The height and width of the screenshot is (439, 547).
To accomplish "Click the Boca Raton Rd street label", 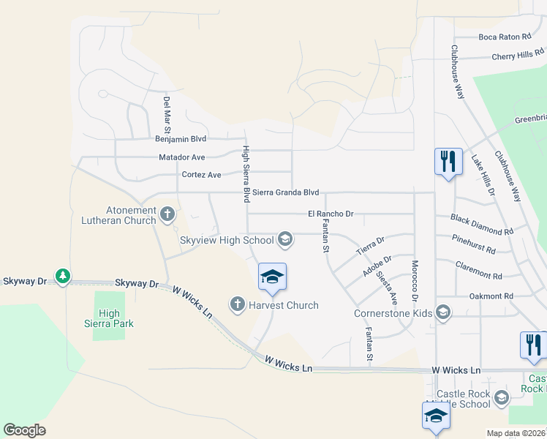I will [x=504, y=37].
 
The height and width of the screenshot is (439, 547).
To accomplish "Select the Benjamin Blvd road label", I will [x=181, y=138].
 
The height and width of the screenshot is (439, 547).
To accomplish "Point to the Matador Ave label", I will [x=182, y=157].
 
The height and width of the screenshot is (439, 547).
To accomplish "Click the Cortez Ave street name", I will [x=201, y=175].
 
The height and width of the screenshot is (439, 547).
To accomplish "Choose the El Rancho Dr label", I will [x=331, y=214].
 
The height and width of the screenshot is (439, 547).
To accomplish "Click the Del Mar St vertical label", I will [x=167, y=114].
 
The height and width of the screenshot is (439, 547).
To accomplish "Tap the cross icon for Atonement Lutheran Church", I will [x=167, y=214].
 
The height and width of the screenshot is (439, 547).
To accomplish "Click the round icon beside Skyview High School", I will [x=285, y=239].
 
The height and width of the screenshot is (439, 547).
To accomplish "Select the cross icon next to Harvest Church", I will [x=237, y=304].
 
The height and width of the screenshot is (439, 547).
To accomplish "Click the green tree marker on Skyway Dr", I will [x=63, y=276].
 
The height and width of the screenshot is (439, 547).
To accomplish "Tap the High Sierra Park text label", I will [x=110, y=318].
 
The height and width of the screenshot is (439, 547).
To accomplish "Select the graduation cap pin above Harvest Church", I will [x=272, y=277].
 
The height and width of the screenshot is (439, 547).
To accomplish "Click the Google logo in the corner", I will [x=24, y=429].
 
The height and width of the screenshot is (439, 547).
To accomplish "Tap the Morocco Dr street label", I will [x=415, y=281].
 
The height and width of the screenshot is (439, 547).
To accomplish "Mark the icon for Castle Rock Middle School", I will [x=501, y=398].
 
